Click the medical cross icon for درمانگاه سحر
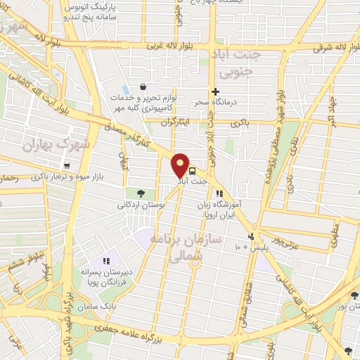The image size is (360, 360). (215, 91)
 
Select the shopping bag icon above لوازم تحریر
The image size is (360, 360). (143, 87)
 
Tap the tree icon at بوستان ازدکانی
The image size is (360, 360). (141, 193)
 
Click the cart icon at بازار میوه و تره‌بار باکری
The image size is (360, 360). (67, 167)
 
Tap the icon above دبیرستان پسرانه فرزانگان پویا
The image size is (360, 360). (107, 262)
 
